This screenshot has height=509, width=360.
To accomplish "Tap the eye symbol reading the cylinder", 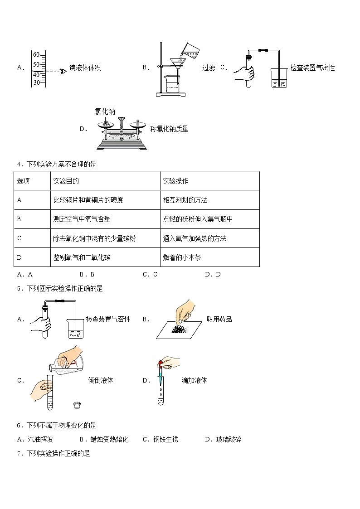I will pyautogui.click(x=63, y=71).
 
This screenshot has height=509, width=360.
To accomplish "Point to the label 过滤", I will pyautogui.click(x=209, y=68).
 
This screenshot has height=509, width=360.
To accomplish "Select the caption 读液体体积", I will pyautogui.click(x=85, y=68).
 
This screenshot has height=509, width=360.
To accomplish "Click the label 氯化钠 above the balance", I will pyautogui.click(x=105, y=111).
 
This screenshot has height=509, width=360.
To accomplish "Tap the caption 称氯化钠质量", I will pyautogui.click(x=169, y=129).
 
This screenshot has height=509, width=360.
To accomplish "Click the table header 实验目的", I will pyautogui.click(x=66, y=181).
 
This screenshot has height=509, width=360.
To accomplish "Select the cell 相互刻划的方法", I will pyautogui.click(x=185, y=200).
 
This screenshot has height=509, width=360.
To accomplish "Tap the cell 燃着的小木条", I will pyautogui.click(x=181, y=257).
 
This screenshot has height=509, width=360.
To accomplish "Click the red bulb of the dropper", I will pyautogui.click(x=160, y=362).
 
